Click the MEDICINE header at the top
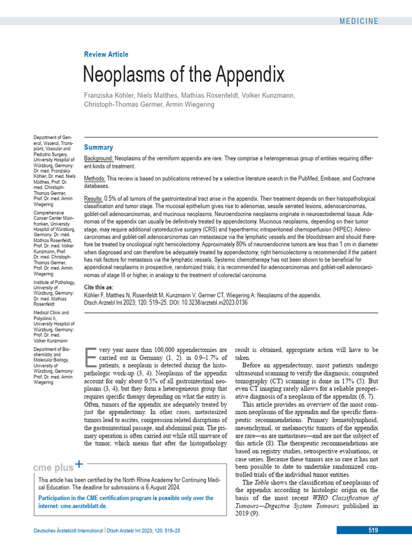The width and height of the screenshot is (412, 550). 358,21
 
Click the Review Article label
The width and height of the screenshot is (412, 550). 106,54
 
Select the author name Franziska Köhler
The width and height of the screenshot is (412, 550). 109,95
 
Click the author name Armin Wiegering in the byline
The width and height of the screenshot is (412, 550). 192,104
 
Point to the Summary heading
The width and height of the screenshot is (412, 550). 99,147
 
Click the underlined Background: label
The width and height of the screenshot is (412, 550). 99,159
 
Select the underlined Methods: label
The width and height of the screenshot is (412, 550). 95,178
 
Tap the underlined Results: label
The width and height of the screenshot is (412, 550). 93,199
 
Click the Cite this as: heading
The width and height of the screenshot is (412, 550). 99,287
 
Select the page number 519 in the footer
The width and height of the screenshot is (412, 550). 373,530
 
